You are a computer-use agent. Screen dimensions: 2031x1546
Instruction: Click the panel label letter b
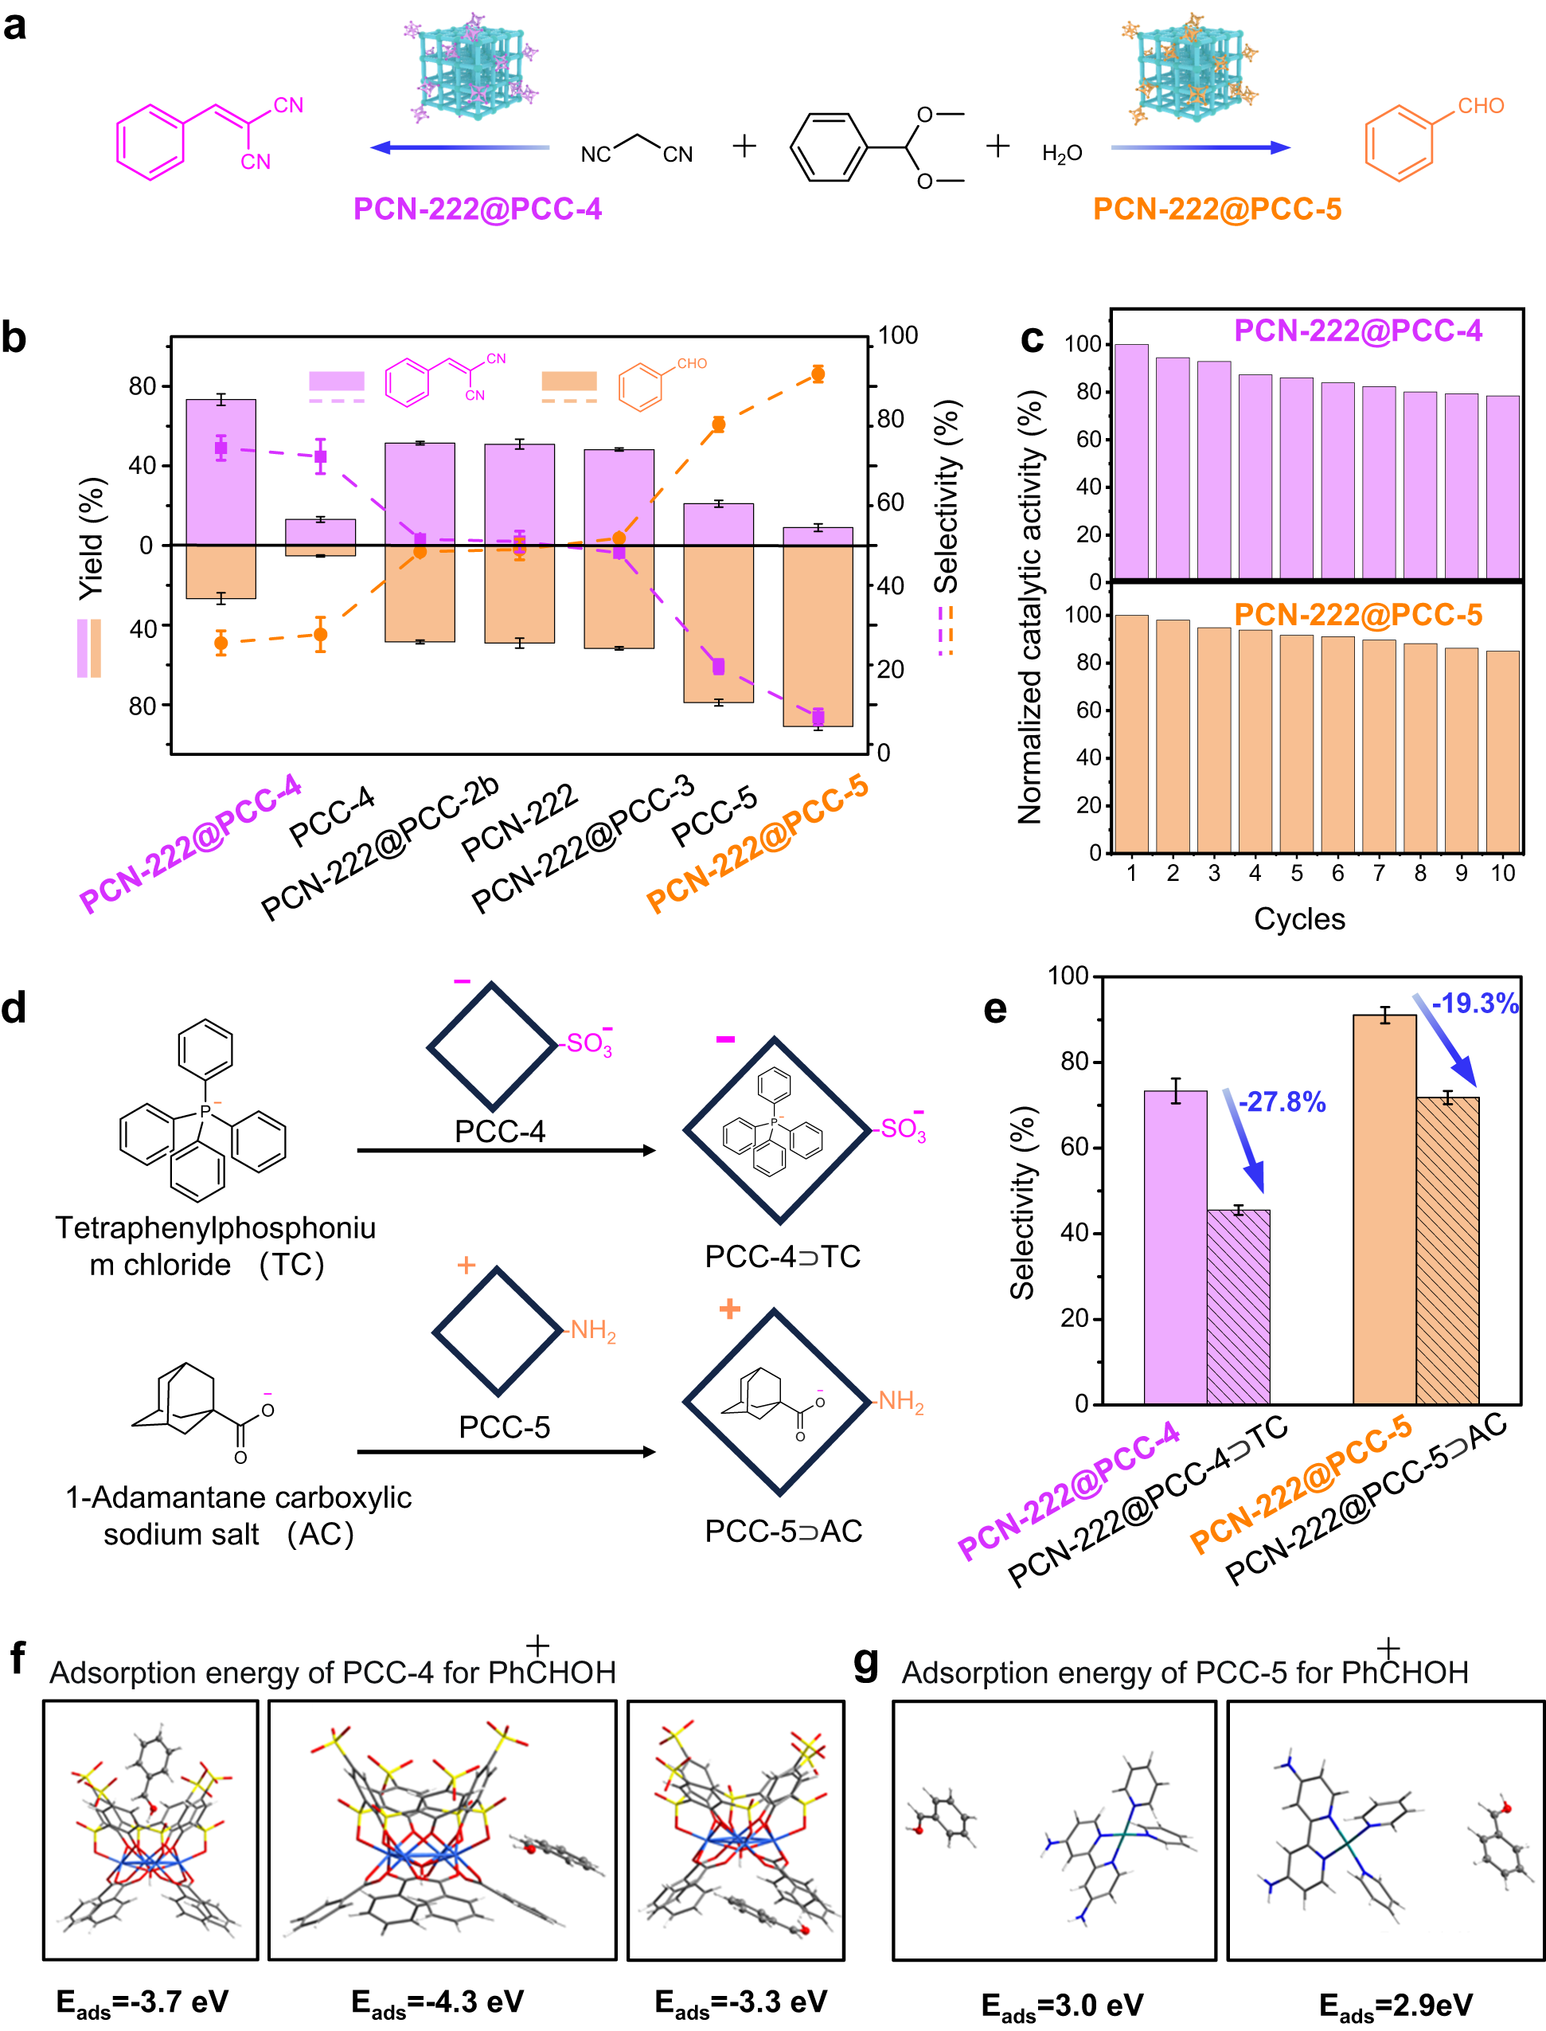(x=14, y=338)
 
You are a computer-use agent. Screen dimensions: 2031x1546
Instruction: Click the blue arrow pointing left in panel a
(x=460, y=147)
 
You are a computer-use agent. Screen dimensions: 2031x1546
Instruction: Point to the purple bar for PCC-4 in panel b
(x=320, y=532)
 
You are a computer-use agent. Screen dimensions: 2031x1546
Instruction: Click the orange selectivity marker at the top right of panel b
(x=817, y=374)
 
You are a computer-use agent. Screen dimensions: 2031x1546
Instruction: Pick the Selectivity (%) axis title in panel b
(x=947, y=497)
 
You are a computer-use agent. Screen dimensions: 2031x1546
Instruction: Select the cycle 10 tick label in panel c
(x=1502, y=873)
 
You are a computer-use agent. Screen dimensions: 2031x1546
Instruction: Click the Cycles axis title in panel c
(x=1298, y=919)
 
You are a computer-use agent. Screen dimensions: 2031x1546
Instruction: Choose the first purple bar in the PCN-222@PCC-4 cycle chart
(x=1131, y=462)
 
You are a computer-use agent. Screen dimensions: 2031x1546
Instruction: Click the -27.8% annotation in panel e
(x=1281, y=1102)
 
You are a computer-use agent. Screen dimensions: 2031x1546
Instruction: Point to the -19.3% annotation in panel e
(x=1474, y=1004)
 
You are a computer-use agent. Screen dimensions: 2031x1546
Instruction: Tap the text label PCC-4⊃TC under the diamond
(x=783, y=1257)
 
